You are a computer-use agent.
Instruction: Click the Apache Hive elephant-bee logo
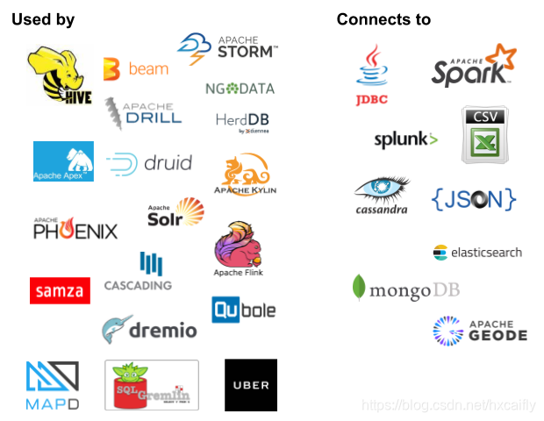tap(60, 75)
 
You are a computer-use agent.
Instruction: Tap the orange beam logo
tap(136, 68)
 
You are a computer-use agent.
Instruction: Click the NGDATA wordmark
tap(240, 89)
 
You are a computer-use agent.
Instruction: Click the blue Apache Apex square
tap(63, 161)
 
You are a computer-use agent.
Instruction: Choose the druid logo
tap(148, 163)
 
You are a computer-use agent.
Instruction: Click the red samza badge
tap(60, 290)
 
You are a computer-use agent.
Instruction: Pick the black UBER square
tap(250, 384)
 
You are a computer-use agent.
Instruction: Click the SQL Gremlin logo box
tap(152, 384)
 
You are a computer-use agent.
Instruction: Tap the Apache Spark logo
tap(471, 63)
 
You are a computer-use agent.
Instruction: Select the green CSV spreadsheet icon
tap(485, 135)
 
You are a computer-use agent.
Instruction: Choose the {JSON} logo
tap(473, 199)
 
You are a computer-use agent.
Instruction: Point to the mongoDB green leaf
tap(359, 288)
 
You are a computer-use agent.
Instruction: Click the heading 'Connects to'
tap(383, 19)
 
